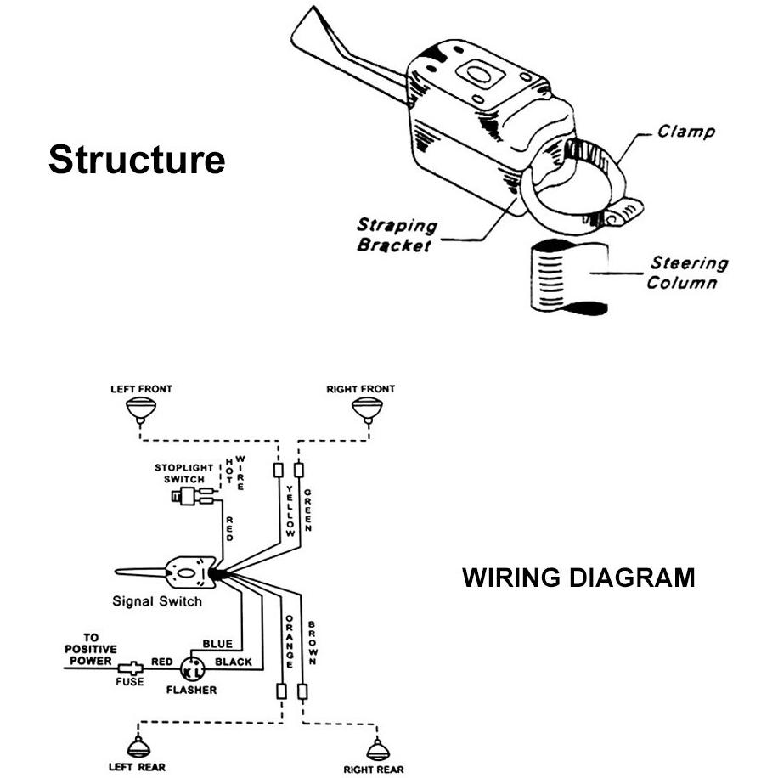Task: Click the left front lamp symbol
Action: (141, 411)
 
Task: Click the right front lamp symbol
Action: (367, 411)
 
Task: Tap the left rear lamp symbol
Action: (138, 747)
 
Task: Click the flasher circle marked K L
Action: (192, 669)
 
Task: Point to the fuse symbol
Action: (130, 668)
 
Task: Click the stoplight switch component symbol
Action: (193, 496)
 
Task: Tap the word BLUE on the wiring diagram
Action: (217, 644)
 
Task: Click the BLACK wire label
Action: (234, 662)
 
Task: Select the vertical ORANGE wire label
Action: (290, 641)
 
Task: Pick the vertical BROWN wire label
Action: (312, 643)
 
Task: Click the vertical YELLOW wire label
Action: (290, 511)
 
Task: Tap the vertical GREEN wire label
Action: (307, 510)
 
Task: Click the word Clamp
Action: (686, 132)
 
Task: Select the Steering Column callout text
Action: (687, 273)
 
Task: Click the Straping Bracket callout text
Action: (397, 235)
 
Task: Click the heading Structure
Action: (137, 160)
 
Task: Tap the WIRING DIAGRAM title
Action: (578, 578)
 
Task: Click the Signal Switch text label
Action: (157, 601)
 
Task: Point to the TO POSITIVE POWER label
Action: (91, 649)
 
